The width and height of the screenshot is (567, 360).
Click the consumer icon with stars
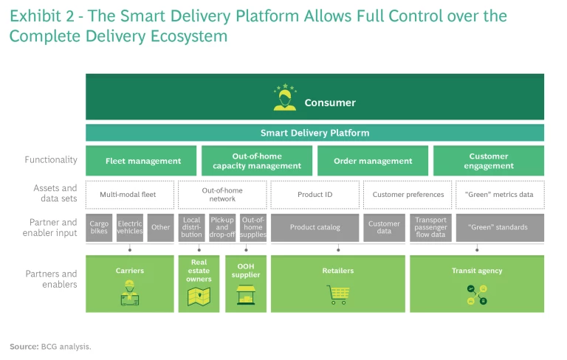pyautogui.click(x=285, y=98)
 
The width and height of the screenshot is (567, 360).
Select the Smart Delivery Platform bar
pyautogui.click(x=315, y=133)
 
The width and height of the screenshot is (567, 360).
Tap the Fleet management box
pyautogui.click(x=142, y=161)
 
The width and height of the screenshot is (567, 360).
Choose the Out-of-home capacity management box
pyautogui.click(x=257, y=161)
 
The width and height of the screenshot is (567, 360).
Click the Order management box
pyautogui.click(x=372, y=161)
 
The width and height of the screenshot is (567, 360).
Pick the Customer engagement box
pyautogui.click(x=488, y=161)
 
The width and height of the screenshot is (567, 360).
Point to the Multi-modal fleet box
pyautogui.click(x=130, y=195)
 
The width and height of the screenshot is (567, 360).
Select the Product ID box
pyautogui.click(x=315, y=195)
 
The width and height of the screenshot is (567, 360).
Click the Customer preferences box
pyautogui.click(x=408, y=195)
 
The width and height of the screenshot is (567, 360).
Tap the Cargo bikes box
pyautogui.click(x=99, y=227)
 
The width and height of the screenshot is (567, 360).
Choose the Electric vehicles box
pyautogui.click(x=130, y=227)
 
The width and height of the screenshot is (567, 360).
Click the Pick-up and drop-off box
pyautogui.click(x=221, y=227)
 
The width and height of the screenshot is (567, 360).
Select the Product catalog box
pyautogui.click(x=315, y=227)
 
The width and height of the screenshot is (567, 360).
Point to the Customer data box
pyautogui.click(x=384, y=227)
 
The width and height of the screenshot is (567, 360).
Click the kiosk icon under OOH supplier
pyautogui.click(x=245, y=295)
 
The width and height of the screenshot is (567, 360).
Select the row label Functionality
pyautogui.click(x=51, y=160)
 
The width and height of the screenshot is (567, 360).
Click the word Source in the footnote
pyautogui.click(x=24, y=346)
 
